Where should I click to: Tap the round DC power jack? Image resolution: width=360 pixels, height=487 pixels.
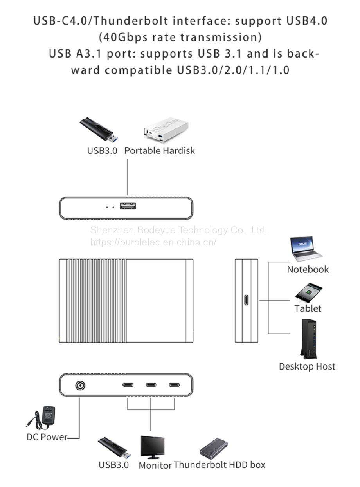coord(80,386)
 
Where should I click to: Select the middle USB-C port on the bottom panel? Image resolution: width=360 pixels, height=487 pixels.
coord(151,385)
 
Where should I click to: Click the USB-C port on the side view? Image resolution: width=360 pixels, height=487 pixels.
coord(246,301)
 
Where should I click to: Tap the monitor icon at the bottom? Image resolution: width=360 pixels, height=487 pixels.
coord(153,447)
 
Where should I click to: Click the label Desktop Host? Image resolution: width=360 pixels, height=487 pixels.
coord(307,366)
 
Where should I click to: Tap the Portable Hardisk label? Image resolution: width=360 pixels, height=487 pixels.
coord(159,150)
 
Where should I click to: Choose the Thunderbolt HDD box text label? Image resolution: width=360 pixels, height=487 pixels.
coord(220,465)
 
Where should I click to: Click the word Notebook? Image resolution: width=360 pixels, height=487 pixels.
coord(308,269)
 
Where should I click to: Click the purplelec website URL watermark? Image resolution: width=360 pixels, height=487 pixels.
coord(153,242)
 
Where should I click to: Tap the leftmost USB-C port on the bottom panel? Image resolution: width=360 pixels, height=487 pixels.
coord(128,385)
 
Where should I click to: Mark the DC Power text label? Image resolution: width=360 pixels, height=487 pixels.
coord(47,437)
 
